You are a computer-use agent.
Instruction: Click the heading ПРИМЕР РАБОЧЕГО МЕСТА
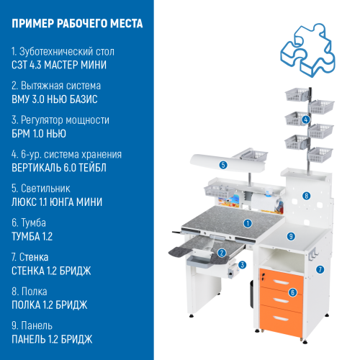(78, 23)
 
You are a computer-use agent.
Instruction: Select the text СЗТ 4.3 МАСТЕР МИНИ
(60, 65)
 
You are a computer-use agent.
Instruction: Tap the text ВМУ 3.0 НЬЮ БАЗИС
(55, 99)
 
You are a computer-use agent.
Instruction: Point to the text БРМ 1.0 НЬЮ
(40, 133)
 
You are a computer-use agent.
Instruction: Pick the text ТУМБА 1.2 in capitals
(32, 235)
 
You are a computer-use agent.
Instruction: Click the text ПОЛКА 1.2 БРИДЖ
(50, 304)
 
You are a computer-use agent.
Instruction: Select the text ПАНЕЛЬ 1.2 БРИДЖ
(52, 338)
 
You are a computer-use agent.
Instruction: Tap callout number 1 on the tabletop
(247, 223)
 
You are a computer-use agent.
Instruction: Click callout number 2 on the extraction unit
(222, 253)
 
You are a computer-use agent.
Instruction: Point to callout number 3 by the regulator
(243, 265)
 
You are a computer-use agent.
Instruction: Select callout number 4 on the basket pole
(306, 119)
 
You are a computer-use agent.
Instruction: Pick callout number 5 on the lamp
(224, 165)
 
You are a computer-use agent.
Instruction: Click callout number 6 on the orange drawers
(292, 292)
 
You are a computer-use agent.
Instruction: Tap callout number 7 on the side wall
(320, 269)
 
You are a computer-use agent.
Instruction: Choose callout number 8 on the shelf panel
(306, 195)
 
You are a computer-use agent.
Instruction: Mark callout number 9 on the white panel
(291, 235)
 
